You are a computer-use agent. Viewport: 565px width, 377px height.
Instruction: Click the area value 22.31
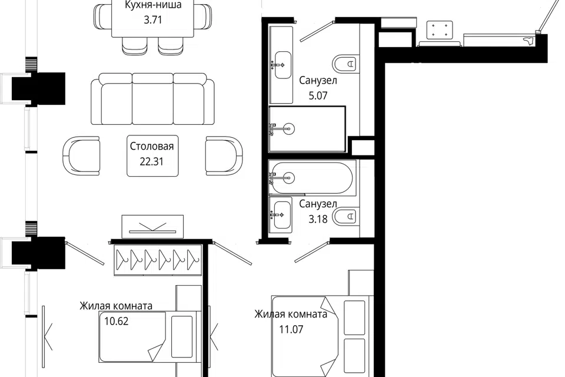coord(151,161)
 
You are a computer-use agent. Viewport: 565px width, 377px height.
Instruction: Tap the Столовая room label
coord(152,146)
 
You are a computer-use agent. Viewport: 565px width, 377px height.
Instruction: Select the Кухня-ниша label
coord(153,5)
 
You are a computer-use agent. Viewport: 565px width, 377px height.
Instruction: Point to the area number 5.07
coord(318,95)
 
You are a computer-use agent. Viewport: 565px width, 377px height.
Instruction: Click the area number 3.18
coord(318,219)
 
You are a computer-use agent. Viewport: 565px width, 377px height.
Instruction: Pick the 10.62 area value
coord(117,321)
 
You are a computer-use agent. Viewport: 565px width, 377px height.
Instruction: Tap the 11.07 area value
coord(291,329)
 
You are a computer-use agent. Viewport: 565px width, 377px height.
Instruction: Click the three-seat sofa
coord(152,99)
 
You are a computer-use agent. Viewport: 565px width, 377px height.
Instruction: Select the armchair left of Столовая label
coord(81,156)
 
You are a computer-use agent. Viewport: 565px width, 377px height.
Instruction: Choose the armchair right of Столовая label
coord(224,156)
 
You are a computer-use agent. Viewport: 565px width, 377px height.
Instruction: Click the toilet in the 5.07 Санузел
coord(345,64)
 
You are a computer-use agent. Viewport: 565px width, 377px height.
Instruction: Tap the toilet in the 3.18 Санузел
coord(345,217)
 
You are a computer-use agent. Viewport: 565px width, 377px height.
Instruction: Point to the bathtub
coord(312,178)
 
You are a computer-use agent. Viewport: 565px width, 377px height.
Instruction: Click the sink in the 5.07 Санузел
coord(282,65)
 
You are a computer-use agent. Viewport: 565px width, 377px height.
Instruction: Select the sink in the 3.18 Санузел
coord(282,215)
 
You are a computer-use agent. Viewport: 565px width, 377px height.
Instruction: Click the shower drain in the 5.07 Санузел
coord(288,129)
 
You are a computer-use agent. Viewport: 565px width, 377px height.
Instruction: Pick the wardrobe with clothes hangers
coord(158,260)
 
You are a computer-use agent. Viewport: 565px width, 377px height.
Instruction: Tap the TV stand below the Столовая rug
coord(152,227)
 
